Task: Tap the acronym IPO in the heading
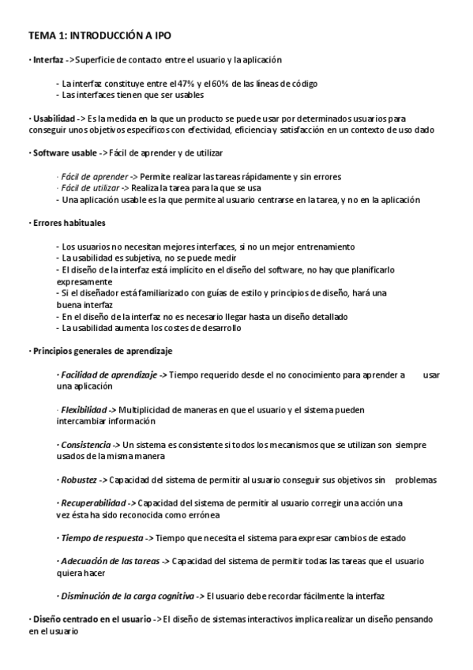[x=159, y=36]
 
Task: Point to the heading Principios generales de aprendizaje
[x=103, y=350]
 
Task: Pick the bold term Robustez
[x=80, y=480]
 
